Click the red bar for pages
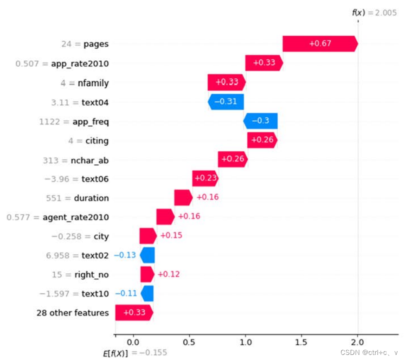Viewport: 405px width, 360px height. pos(320,44)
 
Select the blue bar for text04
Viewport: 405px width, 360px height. pos(226,102)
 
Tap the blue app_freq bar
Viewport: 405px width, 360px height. pos(261,121)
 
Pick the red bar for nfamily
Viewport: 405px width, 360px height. pos(226,82)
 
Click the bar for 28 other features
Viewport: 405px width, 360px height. pos(134,313)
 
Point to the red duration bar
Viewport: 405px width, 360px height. pos(183,198)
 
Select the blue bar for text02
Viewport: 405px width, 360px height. pos(148,255)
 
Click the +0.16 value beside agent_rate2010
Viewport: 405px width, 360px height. pos(189,217)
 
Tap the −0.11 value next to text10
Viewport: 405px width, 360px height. pos(125,293)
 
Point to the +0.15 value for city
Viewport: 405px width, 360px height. pos(171,236)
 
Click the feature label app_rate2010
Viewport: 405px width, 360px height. pos(84,63)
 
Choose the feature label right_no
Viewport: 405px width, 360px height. pos(91,275)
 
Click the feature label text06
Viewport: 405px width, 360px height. pos(95,179)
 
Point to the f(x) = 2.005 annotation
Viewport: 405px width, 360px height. pos(373,13)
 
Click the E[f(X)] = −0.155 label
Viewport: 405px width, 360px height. pos(135,353)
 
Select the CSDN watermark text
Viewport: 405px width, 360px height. pos(369,353)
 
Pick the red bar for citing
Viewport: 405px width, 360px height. pos(262,140)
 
